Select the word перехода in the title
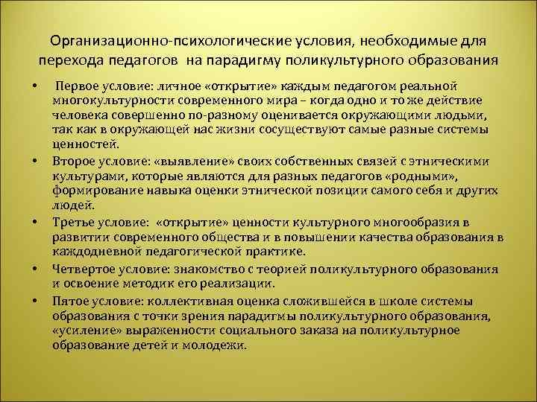pos(69,59)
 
